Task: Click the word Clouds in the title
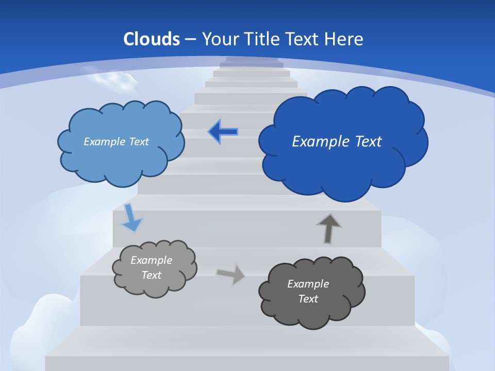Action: point(152,39)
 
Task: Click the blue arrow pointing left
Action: point(223,132)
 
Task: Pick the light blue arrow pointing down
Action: point(131,217)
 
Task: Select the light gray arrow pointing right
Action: point(231,274)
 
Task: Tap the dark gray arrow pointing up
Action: point(329,229)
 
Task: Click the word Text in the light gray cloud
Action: point(152,275)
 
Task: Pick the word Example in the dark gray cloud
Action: point(308,284)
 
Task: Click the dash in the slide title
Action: point(190,39)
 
